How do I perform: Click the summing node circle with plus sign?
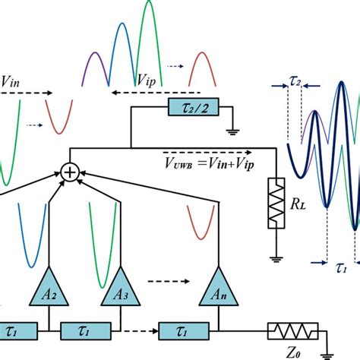pyautogui.click(x=69, y=173)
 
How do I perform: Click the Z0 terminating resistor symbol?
pyautogui.click(x=291, y=331)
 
